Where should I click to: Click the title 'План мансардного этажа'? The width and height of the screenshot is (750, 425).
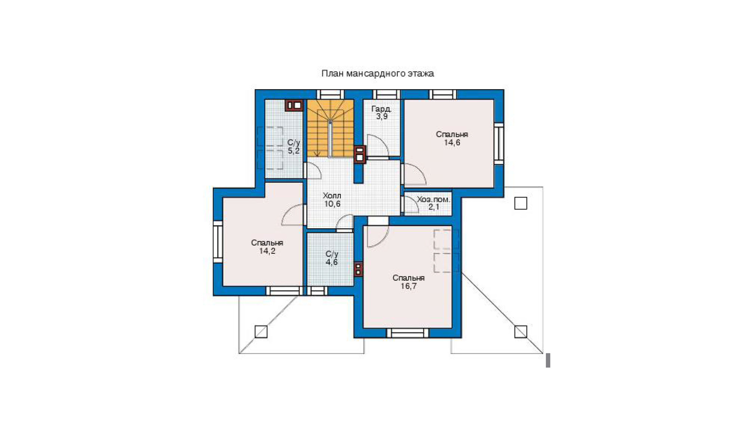[x=377, y=73]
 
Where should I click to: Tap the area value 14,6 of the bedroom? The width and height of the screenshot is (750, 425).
[x=452, y=143]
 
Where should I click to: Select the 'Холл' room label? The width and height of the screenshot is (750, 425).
[x=332, y=196]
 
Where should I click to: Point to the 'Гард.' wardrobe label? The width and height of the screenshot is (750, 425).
[x=381, y=109]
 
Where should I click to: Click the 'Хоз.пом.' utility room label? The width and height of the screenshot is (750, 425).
[x=433, y=199]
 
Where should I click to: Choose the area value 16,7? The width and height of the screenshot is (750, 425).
[x=408, y=286]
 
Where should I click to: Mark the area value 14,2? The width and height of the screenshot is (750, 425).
[x=267, y=251]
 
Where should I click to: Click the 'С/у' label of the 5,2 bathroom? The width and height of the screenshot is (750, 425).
[x=294, y=143]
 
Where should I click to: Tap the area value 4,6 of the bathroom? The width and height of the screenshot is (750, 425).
[x=331, y=262]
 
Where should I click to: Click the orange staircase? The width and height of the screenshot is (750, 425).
[x=330, y=128]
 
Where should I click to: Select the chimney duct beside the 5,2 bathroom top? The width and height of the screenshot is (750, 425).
[x=294, y=105]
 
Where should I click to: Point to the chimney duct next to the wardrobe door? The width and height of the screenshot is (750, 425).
[x=360, y=154]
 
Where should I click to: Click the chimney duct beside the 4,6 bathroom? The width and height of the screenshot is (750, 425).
[x=358, y=269]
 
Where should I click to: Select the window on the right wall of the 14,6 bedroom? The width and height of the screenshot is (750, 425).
[x=499, y=144]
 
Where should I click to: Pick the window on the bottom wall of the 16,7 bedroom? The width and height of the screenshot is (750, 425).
[x=408, y=333]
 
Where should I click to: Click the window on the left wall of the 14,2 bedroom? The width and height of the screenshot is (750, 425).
[x=218, y=242]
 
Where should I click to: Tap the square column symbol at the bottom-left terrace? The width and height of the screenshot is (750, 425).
[x=261, y=332]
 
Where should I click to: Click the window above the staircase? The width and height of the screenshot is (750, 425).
[x=330, y=94]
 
